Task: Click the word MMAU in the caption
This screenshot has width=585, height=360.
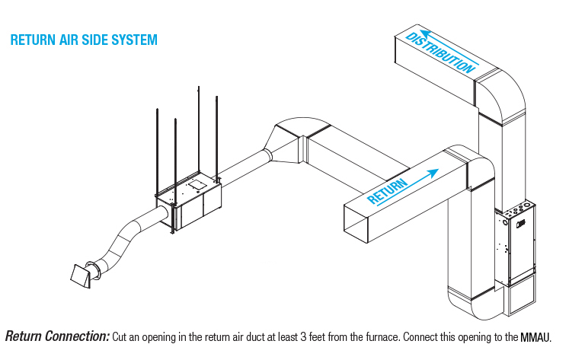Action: coord(535,336)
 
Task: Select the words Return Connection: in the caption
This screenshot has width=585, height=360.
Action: coord(57,336)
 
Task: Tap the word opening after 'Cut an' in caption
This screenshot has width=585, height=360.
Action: coord(152,336)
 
